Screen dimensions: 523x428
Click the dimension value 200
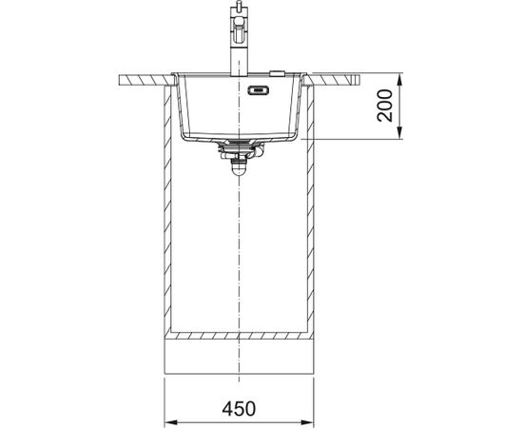[385, 105]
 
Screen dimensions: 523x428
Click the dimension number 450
[239, 408]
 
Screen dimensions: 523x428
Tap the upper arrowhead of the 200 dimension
[400, 78]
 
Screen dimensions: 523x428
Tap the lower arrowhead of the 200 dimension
[400, 133]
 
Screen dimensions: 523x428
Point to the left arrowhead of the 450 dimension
[171, 422]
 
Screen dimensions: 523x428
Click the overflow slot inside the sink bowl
[259, 90]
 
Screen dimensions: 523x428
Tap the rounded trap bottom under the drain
[239, 168]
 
